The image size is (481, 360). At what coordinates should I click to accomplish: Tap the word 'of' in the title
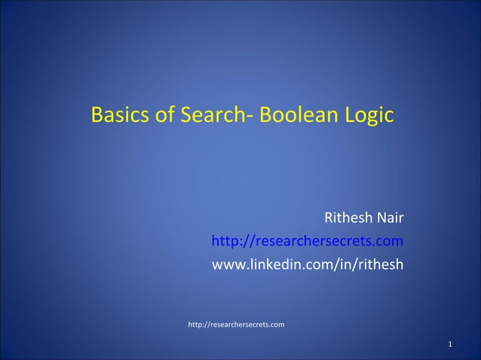point(160,116)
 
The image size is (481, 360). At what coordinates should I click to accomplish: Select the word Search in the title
point(213,116)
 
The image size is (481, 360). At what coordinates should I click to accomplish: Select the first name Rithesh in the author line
point(348,219)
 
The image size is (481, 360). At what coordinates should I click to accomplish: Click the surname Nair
point(391,219)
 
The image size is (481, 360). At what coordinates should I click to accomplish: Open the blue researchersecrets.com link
point(307,242)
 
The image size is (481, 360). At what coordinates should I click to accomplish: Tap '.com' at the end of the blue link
point(389,243)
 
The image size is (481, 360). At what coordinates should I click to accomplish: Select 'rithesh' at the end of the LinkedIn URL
point(381,265)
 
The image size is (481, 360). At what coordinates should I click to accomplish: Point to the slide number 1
point(450,346)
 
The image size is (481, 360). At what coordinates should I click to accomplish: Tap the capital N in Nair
point(382,219)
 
